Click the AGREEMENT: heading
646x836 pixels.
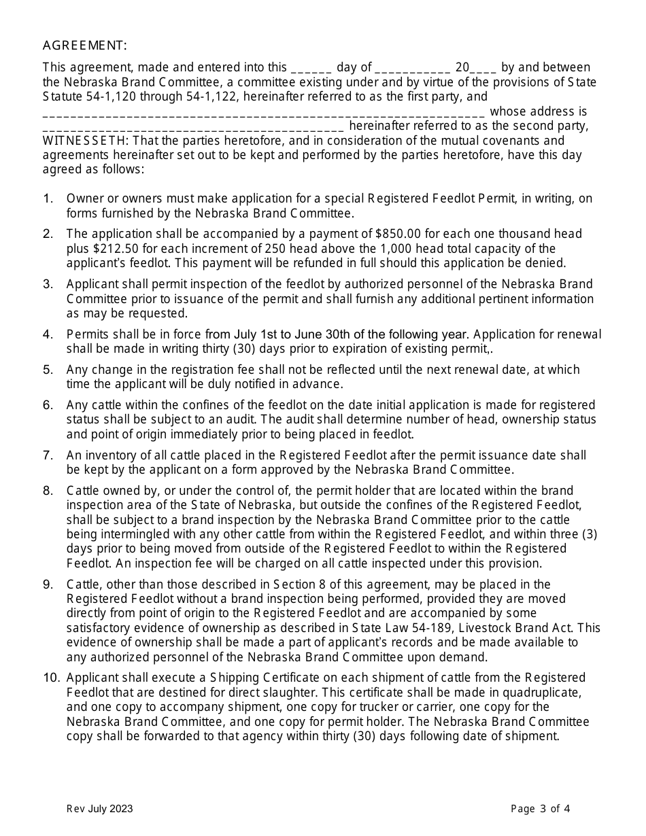click(x=84, y=46)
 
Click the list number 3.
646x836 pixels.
click(x=48, y=284)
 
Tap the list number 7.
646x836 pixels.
click(x=48, y=455)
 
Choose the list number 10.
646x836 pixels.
click(x=50, y=678)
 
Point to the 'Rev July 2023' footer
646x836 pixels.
click(x=99, y=809)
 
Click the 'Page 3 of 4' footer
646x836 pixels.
click(x=540, y=809)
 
